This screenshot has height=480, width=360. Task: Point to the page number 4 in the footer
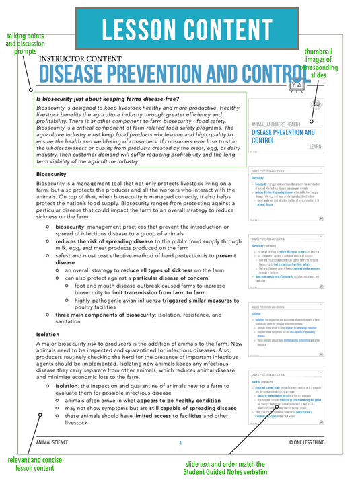click(180, 443)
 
